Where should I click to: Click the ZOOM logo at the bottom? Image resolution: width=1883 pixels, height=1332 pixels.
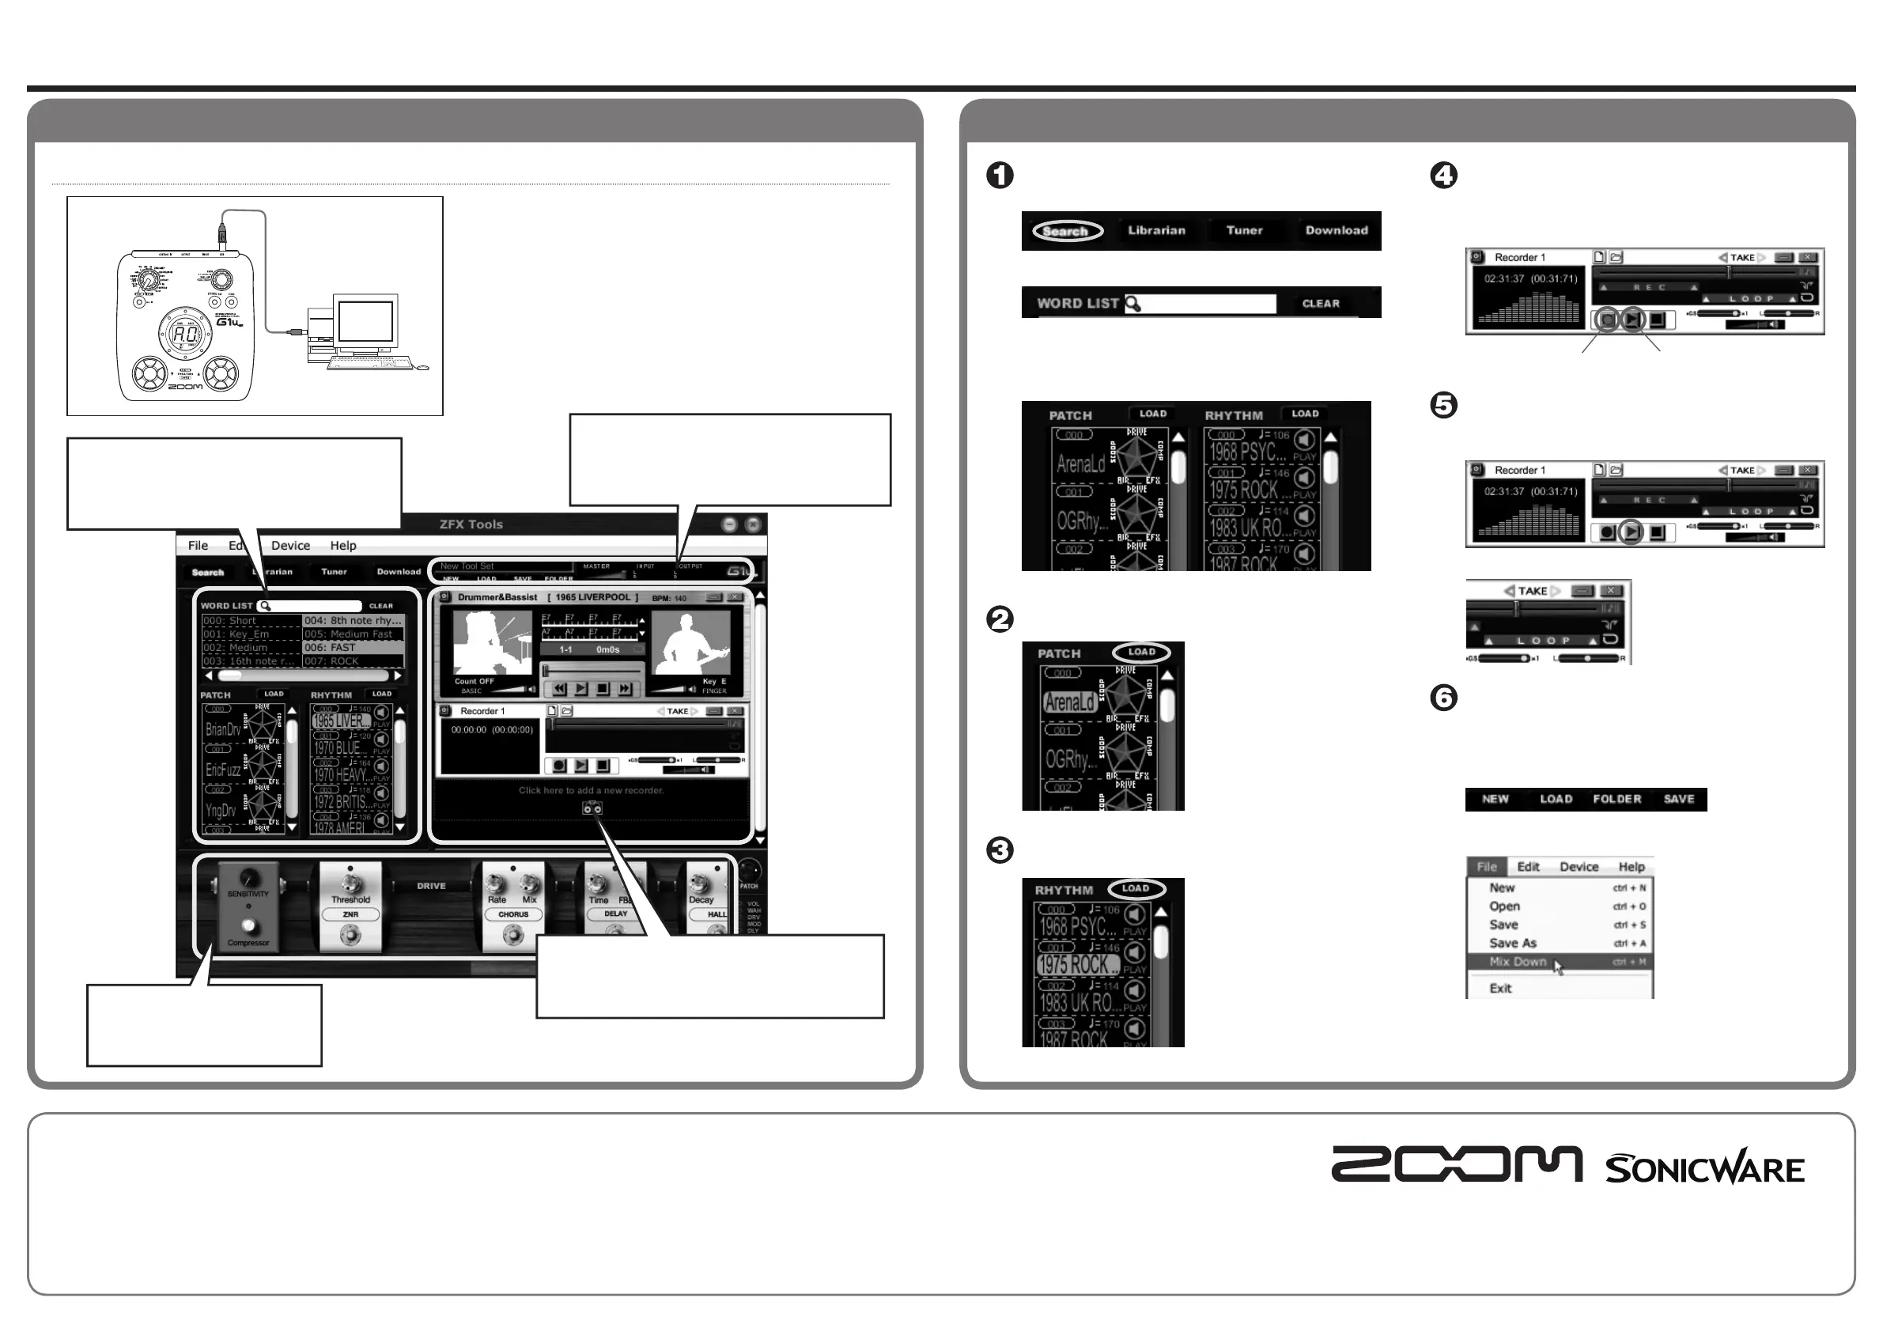point(1457,1164)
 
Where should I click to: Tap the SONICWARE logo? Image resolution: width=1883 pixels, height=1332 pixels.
point(1704,1168)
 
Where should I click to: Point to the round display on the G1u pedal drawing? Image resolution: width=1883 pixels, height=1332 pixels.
point(185,333)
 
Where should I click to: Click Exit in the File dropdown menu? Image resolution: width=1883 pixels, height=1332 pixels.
point(1500,989)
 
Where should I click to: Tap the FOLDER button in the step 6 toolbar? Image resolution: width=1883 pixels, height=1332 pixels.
point(1616,799)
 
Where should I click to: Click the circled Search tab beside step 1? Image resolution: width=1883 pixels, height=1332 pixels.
point(1066,231)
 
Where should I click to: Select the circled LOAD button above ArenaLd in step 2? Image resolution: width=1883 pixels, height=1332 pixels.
point(1140,653)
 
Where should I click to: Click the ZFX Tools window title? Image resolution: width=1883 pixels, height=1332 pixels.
point(471,524)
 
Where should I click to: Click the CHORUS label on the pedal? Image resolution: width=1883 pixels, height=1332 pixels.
point(513,914)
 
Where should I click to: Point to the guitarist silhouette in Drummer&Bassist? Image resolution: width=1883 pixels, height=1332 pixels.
point(690,645)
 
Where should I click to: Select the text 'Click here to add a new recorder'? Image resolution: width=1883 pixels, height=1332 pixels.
point(591,791)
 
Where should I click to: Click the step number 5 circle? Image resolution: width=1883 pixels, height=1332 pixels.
point(1443,405)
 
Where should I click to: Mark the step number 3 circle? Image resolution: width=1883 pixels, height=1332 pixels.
point(1000,850)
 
